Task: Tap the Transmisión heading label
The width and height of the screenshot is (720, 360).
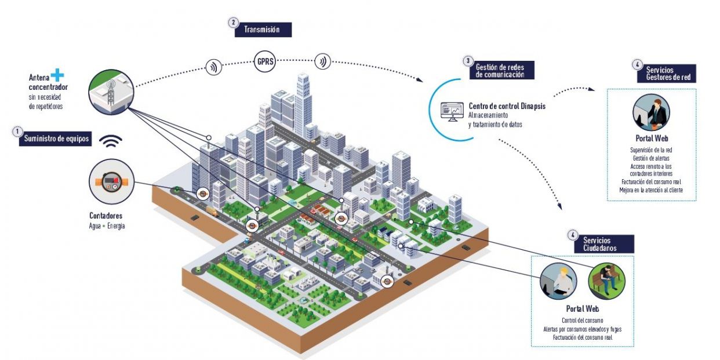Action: pyautogui.click(x=263, y=30)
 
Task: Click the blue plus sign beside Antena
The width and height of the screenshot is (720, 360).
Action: pyautogui.click(x=57, y=75)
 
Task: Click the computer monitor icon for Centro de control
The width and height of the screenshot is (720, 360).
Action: pyautogui.click(x=451, y=111)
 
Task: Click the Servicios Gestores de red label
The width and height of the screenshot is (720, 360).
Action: pyautogui.click(x=670, y=73)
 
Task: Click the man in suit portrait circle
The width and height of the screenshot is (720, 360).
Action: pyautogui.click(x=650, y=112)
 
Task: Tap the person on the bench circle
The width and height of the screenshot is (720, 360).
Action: pyautogui.click(x=606, y=281)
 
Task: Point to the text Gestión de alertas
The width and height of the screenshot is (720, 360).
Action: pyautogui.click(x=651, y=158)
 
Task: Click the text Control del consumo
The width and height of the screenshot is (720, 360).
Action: pyautogui.click(x=583, y=321)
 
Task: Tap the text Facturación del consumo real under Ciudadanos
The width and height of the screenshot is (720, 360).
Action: pyautogui.click(x=583, y=337)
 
